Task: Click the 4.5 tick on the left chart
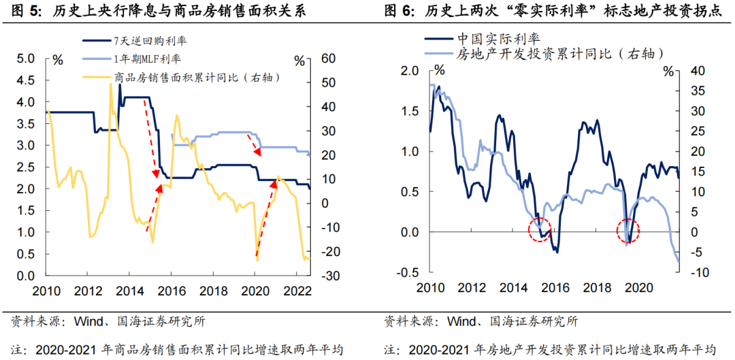(24, 80)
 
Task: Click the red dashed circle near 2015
(541, 231)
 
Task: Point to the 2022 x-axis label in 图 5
(298, 291)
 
